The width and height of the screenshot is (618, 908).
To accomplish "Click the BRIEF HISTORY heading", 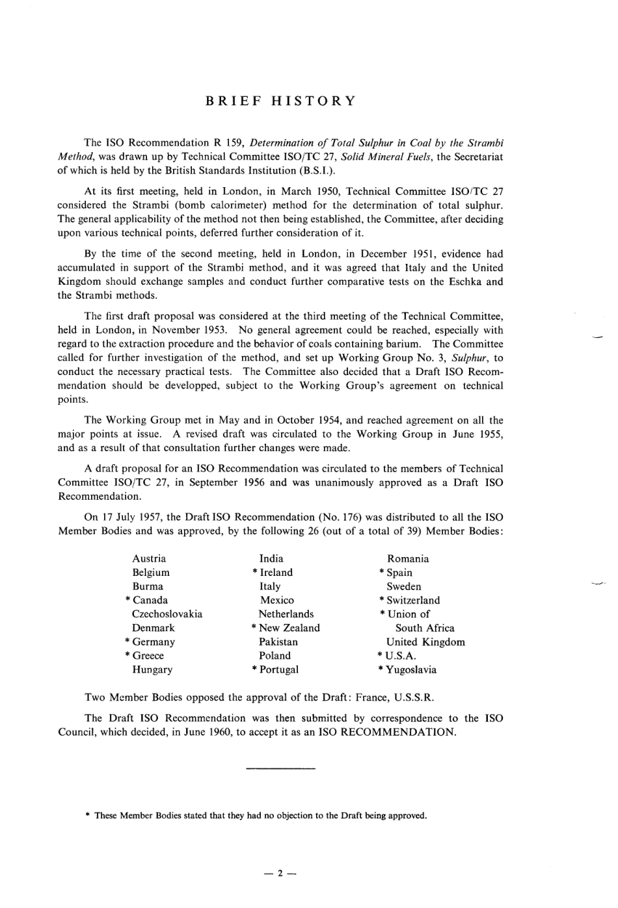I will click(x=280, y=101).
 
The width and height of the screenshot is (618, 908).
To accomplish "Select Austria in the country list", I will click(x=149, y=558).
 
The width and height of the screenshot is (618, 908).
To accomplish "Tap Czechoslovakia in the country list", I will click(x=167, y=614).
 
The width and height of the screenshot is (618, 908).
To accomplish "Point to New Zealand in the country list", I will click(x=289, y=628).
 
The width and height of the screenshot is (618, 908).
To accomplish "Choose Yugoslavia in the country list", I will click(x=411, y=669).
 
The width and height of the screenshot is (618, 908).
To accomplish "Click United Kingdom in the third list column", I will click(x=425, y=642).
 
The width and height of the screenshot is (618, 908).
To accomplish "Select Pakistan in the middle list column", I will click(x=278, y=642).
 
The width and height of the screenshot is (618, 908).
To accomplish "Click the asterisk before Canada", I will click(x=128, y=600).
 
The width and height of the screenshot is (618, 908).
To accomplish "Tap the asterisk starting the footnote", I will click(x=87, y=816).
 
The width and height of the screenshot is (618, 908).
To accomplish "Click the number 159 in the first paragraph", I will click(x=235, y=142).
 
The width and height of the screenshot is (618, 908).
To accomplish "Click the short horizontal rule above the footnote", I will click(x=280, y=770).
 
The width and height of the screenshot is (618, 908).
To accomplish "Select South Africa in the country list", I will click(x=425, y=628).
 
